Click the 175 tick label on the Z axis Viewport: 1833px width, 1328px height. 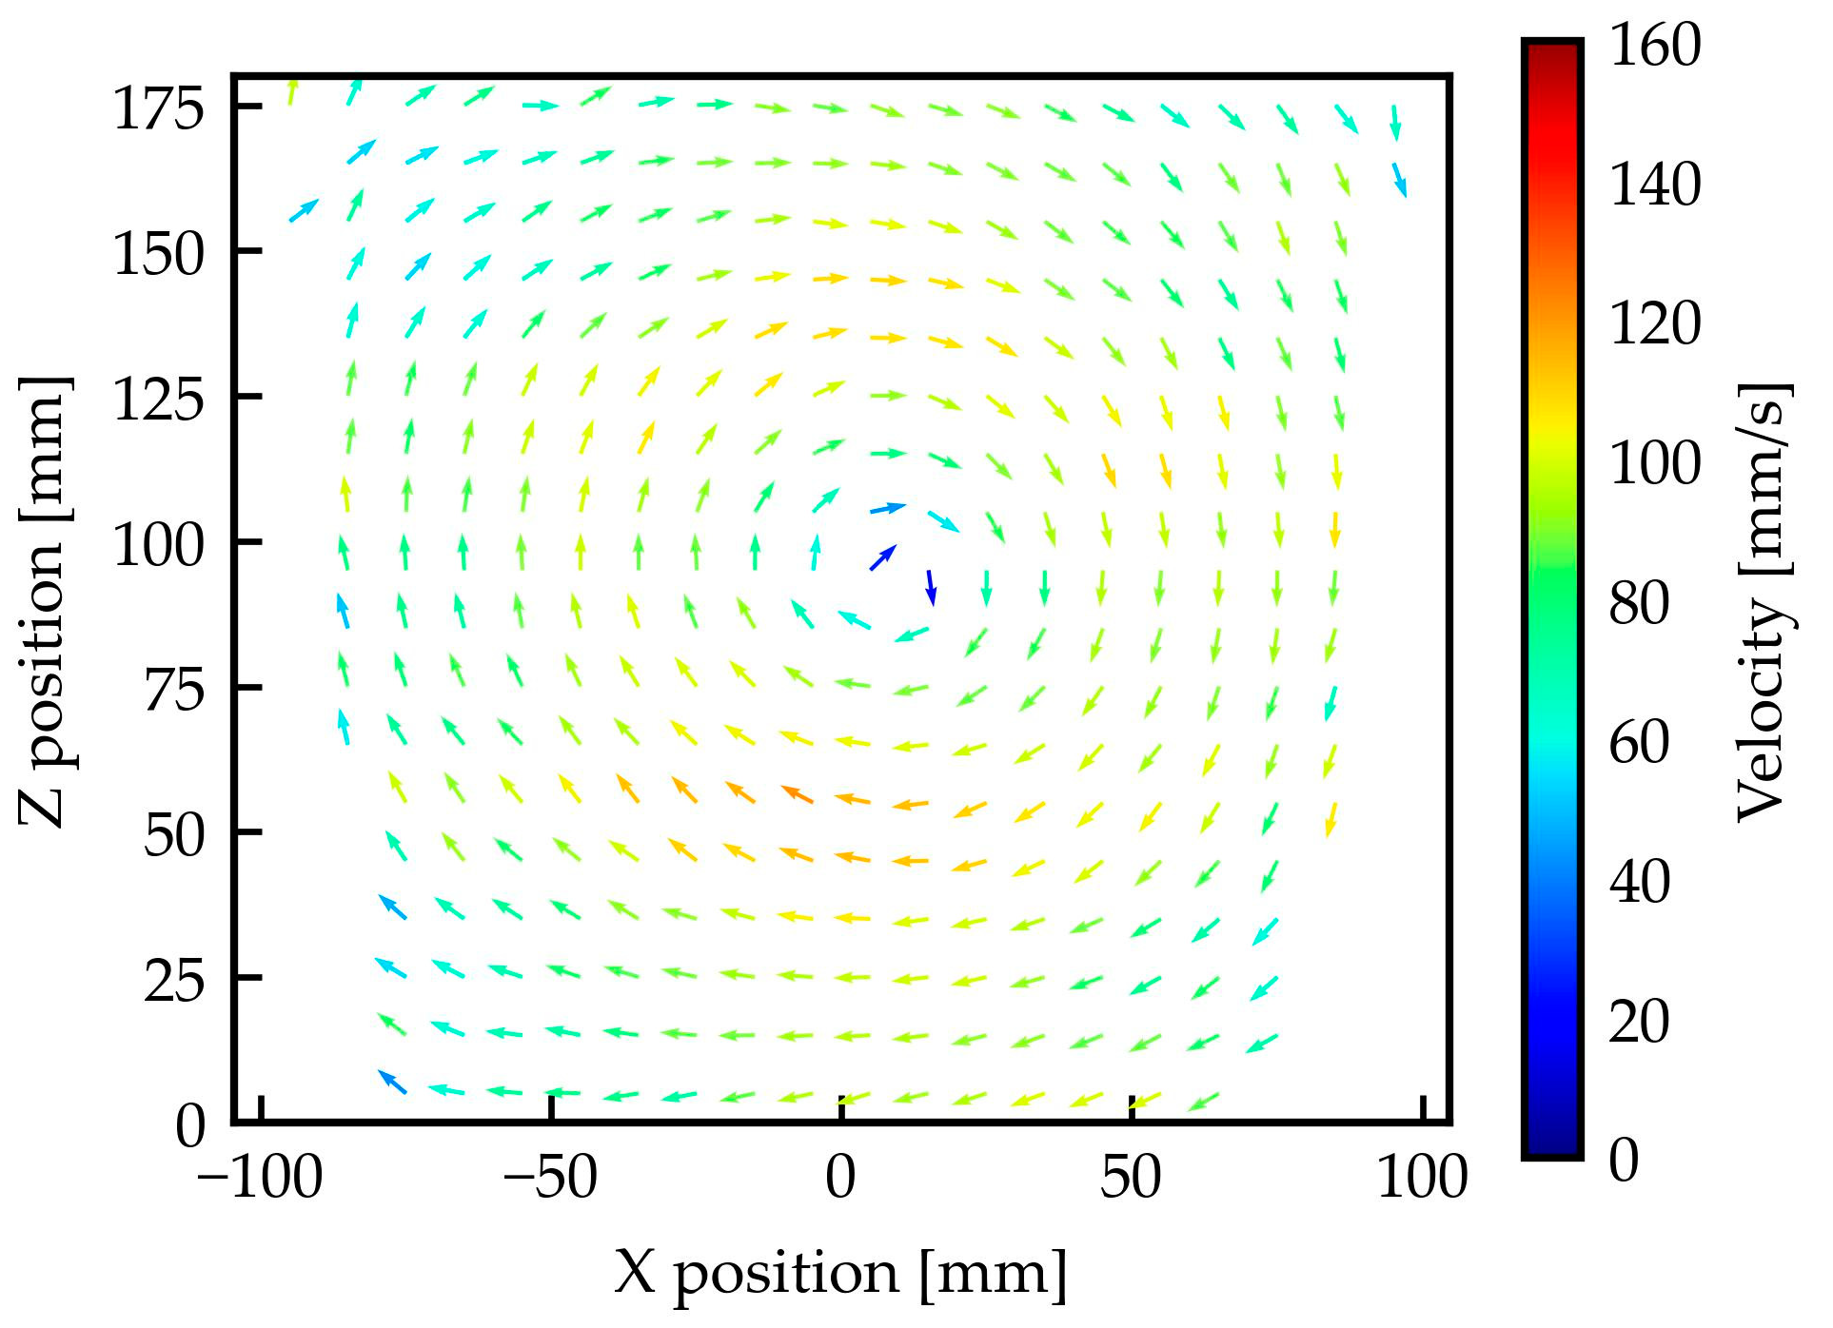[x=158, y=107]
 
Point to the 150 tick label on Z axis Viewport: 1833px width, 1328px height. [x=158, y=254]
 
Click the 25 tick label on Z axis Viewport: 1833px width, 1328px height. [x=174, y=981]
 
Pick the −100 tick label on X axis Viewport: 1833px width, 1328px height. [x=260, y=1178]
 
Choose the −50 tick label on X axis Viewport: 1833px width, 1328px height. [x=549, y=1178]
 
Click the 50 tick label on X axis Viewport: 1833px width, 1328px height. [x=1131, y=1178]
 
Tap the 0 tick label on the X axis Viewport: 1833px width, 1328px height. [x=840, y=1178]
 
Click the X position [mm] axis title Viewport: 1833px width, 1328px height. [x=840, y=1272]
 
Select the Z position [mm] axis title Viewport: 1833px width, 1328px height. [x=44, y=601]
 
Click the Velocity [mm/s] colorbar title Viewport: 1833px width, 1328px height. [x=1764, y=601]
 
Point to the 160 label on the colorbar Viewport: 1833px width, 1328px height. [x=1654, y=45]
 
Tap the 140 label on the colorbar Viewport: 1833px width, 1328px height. [x=1654, y=184]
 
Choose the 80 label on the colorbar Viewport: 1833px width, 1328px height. [x=1639, y=602]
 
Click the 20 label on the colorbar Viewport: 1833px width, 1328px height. [x=1639, y=1021]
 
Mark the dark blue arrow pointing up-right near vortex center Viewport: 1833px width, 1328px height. [x=883, y=557]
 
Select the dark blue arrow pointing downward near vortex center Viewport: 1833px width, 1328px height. [x=932, y=588]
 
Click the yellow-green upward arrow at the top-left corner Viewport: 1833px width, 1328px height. [x=292, y=91]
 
